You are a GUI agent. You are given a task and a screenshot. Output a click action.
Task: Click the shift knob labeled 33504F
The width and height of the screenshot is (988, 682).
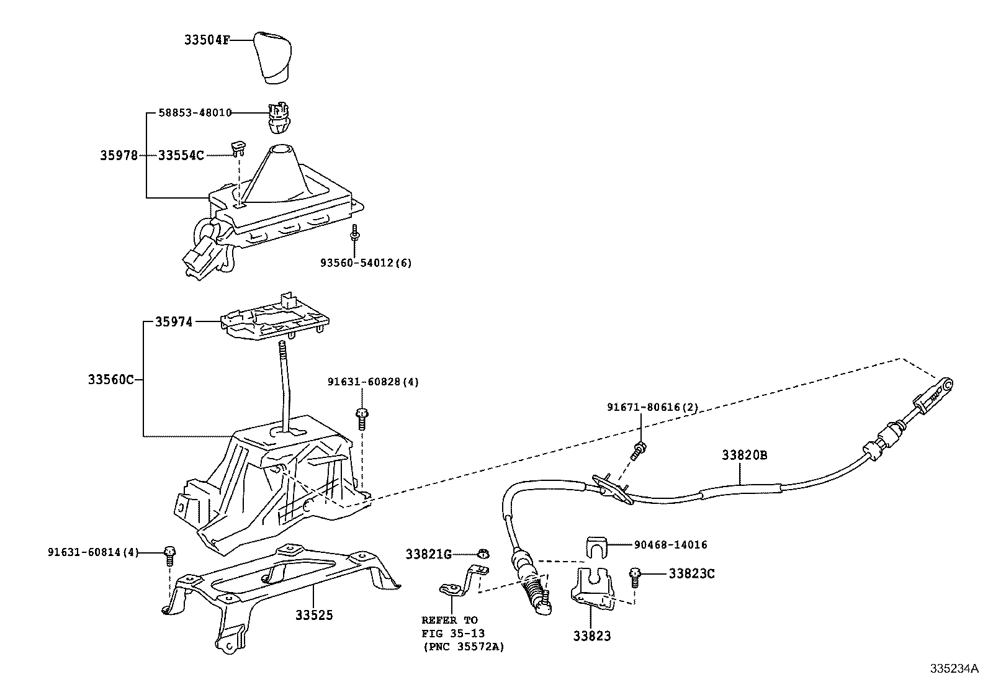tap(272, 57)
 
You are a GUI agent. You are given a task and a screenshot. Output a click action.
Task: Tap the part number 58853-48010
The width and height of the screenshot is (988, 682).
tap(195, 113)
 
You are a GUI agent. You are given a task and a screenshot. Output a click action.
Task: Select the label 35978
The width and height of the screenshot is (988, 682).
tap(119, 155)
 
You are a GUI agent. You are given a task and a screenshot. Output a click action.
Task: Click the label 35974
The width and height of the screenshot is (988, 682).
tap(174, 322)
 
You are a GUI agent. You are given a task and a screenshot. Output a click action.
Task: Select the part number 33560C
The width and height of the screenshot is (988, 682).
tap(110, 379)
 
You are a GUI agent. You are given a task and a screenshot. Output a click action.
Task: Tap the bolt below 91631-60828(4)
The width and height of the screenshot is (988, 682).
tap(362, 419)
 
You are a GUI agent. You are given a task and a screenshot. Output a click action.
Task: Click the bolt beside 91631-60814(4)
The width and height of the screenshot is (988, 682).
tap(170, 556)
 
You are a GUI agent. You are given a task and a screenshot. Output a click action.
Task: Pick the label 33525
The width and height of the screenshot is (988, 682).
tap(314, 615)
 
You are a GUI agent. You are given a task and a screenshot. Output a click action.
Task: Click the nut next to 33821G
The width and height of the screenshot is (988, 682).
tap(484, 553)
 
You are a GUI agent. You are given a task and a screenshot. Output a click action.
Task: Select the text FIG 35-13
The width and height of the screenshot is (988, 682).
tap(453, 634)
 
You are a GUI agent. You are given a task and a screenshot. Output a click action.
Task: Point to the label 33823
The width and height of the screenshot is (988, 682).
tap(592, 635)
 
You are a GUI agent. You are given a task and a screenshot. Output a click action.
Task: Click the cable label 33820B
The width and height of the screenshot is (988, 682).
tap(745, 455)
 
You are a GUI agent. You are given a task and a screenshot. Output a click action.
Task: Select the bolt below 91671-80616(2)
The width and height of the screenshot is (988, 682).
tap(638, 451)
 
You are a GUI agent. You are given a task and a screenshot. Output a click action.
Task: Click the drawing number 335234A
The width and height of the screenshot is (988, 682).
tap(954, 668)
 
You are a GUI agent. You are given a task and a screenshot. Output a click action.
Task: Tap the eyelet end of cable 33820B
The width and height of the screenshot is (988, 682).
tap(947, 385)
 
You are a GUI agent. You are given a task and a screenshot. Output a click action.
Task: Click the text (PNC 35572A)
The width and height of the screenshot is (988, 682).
tap(464, 647)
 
